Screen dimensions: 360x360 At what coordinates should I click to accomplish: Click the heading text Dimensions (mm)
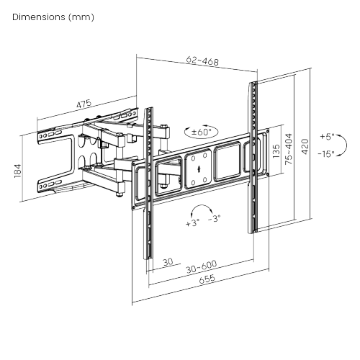point(53,17)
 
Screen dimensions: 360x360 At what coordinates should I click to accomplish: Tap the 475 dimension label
point(84,104)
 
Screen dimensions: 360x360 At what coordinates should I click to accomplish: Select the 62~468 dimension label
point(202,61)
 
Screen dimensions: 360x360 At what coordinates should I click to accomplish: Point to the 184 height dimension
point(18,171)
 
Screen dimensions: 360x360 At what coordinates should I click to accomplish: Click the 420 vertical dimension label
point(305,146)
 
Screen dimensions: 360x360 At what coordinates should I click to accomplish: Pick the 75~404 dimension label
point(289,149)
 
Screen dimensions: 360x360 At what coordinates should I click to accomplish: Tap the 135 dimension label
point(276,151)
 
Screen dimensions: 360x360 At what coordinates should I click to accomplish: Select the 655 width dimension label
point(207,279)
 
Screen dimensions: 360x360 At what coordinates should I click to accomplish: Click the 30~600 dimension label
point(202,266)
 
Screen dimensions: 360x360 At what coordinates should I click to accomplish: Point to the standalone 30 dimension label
point(168,261)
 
